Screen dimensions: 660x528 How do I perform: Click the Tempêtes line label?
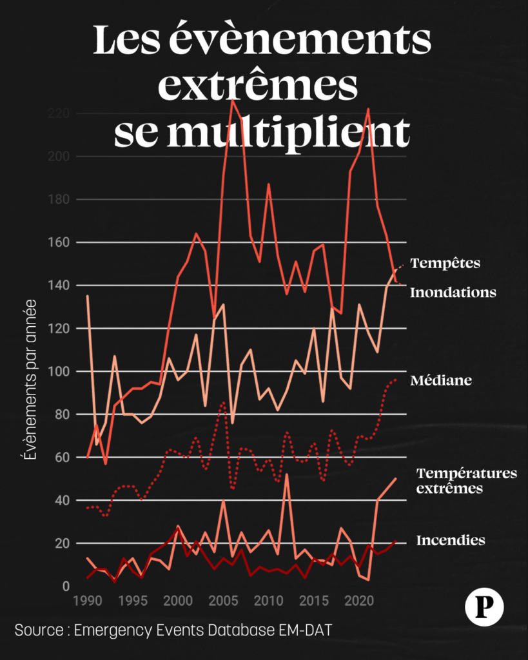[x=445, y=263]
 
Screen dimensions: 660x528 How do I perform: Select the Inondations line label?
[x=453, y=293]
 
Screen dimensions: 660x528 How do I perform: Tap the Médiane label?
[x=441, y=380]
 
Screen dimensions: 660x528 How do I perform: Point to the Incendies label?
[x=451, y=540]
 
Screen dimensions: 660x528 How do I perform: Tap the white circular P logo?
[x=484, y=607]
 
